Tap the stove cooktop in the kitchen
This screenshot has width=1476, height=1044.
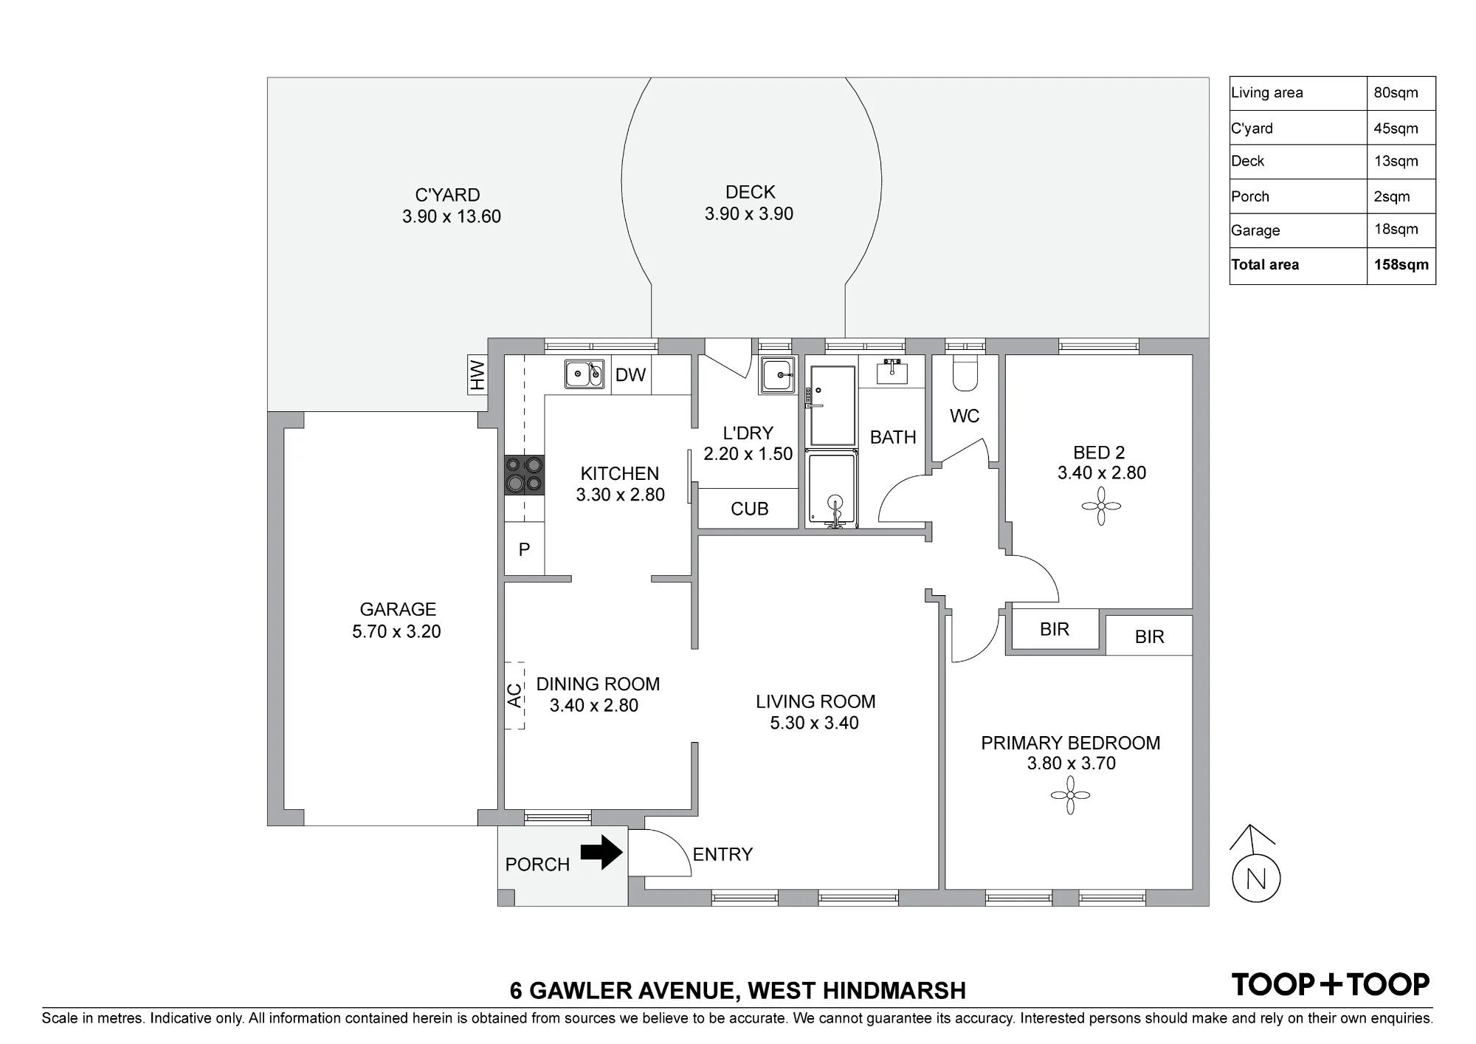point(525,475)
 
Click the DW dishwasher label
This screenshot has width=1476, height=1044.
point(630,375)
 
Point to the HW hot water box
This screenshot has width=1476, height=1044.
point(477,374)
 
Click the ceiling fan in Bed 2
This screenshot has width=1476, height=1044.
point(1101,506)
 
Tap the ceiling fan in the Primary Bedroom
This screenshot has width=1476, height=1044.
point(1070,795)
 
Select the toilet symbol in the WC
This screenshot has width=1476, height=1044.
point(965,374)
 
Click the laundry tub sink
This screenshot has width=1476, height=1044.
point(778,375)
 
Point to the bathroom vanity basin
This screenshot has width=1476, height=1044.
point(894,371)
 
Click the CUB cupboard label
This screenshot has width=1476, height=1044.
point(749,509)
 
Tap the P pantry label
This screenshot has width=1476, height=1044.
point(524,549)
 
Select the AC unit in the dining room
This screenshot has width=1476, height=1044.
point(514,696)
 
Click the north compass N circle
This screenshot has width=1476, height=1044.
point(1256,879)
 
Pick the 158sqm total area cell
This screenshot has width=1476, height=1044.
point(1401,265)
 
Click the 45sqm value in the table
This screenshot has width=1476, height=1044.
point(1396,128)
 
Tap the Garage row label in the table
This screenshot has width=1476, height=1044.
point(1255,230)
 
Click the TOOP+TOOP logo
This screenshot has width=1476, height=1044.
point(1331,984)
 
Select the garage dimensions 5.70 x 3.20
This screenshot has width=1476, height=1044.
point(396,631)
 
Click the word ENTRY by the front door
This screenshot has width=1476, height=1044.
point(723,854)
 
